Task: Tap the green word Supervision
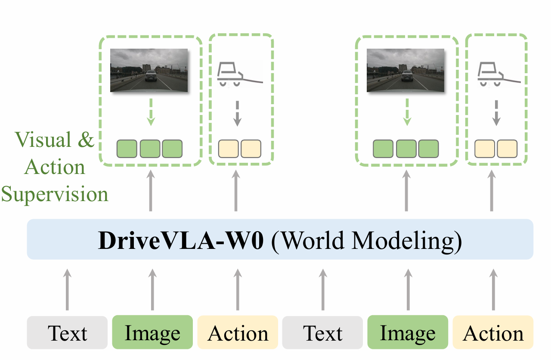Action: point(54,194)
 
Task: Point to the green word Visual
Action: point(43,140)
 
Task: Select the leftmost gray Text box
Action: point(67,332)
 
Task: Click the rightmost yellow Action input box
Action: point(493,332)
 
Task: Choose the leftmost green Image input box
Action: point(152,332)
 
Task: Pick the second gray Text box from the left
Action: point(322,332)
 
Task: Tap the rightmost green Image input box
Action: point(408,332)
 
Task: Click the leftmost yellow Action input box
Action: point(238,332)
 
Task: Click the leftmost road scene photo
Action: point(149,70)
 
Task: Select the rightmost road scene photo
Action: point(405,70)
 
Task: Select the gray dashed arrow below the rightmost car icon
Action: point(496,113)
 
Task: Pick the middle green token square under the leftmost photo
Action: point(150,149)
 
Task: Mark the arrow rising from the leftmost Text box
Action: point(67,289)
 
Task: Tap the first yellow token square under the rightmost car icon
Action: point(485,149)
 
